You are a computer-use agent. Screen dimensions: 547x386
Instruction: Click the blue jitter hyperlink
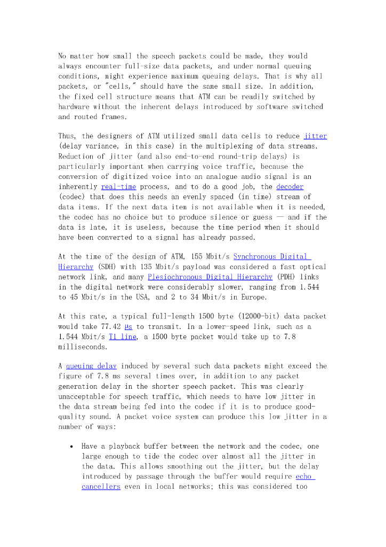(x=315, y=136)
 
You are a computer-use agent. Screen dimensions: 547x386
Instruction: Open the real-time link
(x=118, y=187)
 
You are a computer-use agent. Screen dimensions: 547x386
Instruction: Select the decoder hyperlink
(x=289, y=187)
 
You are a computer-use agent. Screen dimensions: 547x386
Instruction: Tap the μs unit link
(x=128, y=326)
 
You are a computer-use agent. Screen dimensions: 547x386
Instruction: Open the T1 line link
(x=122, y=337)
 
